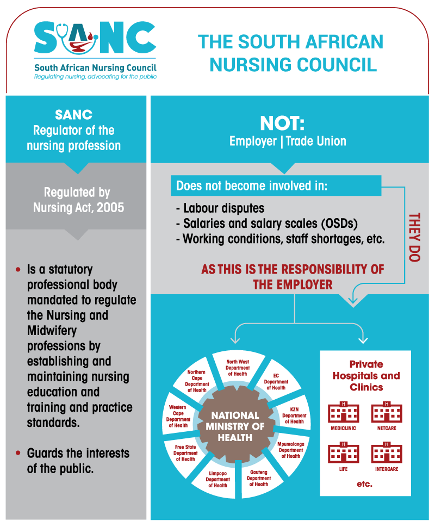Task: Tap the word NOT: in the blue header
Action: click(x=282, y=123)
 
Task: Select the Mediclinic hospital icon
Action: click(x=343, y=412)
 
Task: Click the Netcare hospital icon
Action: click(x=387, y=412)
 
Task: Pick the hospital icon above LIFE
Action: click(x=343, y=452)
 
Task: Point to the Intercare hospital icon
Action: click(x=387, y=452)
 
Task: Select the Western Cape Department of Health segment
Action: click(x=178, y=416)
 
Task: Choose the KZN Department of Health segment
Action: click(x=294, y=416)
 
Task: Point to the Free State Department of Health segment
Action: click(x=185, y=452)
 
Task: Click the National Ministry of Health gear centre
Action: click(x=235, y=426)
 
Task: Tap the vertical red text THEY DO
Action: click(x=414, y=237)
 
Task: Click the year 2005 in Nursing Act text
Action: click(x=110, y=207)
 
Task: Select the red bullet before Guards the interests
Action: click(x=18, y=452)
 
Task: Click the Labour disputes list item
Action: click(x=220, y=208)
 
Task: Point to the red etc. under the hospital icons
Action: click(x=364, y=484)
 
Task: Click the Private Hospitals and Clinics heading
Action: click(x=366, y=376)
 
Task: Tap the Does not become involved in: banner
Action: click(x=276, y=185)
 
